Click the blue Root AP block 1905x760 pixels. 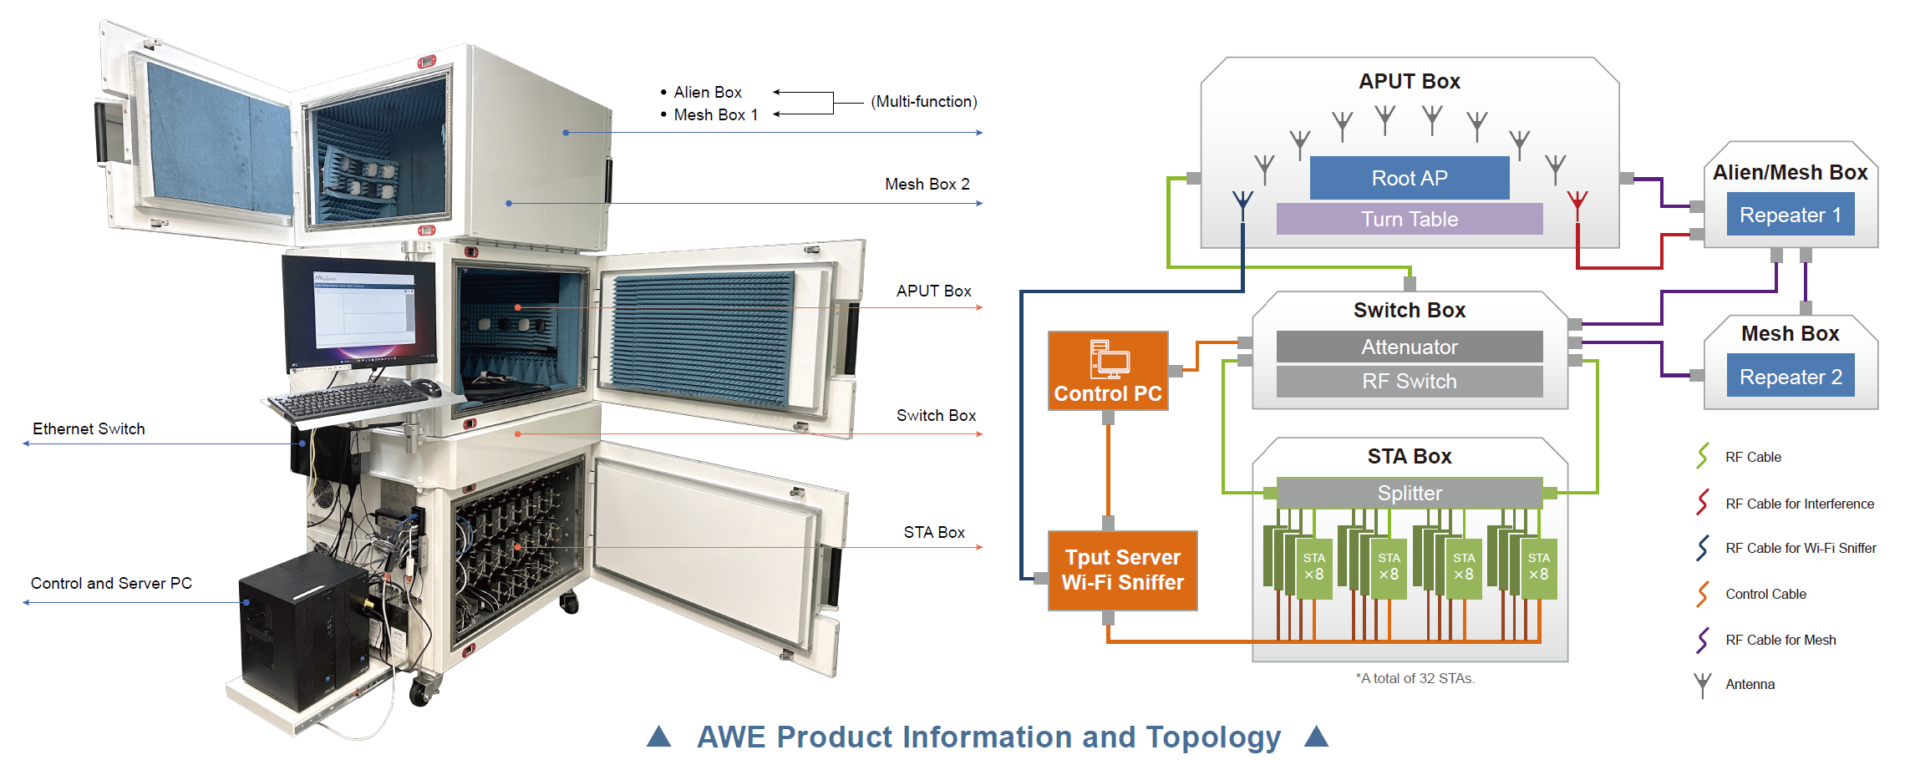point(1410,178)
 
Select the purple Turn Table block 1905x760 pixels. point(1410,219)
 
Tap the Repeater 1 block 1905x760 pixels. point(1791,215)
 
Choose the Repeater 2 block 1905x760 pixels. point(1791,377)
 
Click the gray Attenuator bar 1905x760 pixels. point(1410,347)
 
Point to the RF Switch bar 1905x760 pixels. point(1410,382)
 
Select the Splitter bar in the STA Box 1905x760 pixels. point(1410,493)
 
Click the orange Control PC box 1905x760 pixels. point(1108,371)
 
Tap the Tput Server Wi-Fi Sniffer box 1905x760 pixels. point(1123,570)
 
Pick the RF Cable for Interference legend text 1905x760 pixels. point(1800,504)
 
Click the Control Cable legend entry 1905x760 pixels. point(1765,594)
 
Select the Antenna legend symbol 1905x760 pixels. point(1702,685)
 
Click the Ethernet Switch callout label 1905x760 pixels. point(89,428)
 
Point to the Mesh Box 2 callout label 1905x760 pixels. point(927,184)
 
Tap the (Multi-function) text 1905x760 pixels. point(924,101)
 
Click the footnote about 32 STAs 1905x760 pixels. point(1415,678)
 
